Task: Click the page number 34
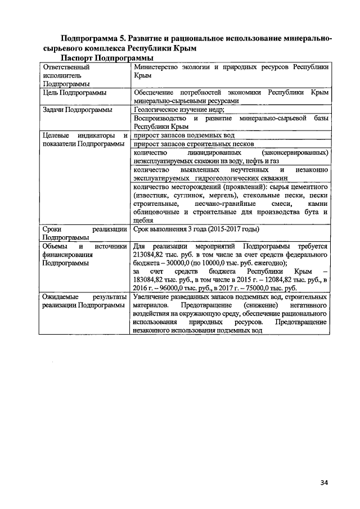click(x=323, y=482)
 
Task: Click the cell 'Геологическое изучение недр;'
click(x=179, y=110)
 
